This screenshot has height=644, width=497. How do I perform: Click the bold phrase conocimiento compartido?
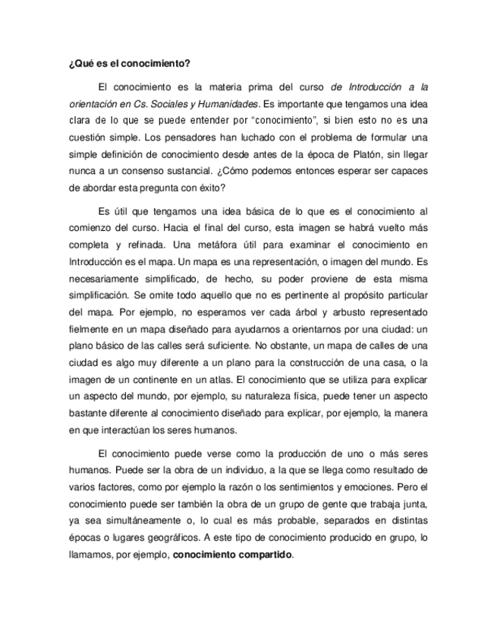tap(232, 554)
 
